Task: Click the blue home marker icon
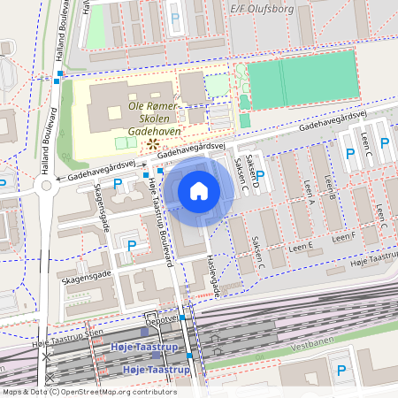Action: (x=199, y=190)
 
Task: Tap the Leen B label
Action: (x=329, y=187)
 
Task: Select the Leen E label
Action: (x=302, y=249)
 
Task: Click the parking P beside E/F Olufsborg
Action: (x=174, y=17)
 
